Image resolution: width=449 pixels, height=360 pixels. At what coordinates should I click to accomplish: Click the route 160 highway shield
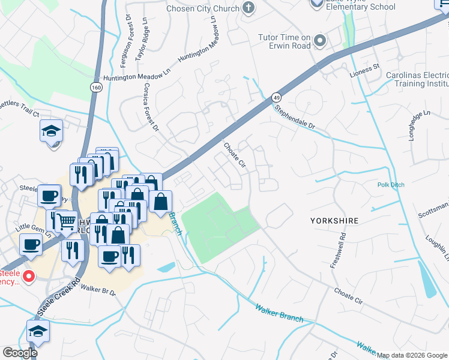click(96, 88)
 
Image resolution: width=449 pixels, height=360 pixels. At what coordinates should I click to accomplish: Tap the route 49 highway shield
click(276, 97)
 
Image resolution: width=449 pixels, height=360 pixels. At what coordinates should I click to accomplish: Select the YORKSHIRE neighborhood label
click(334, 221)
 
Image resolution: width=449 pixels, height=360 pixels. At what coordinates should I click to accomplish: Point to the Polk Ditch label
click(393, 185)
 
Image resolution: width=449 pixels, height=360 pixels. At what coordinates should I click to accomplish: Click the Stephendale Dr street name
click(295, 118)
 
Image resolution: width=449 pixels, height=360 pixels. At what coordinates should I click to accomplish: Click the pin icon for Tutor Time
click(320, 41)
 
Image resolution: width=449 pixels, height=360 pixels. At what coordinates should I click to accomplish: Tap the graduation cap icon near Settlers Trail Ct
click(52, 130)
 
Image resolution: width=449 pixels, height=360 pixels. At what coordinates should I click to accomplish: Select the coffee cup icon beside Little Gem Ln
click(31, 244)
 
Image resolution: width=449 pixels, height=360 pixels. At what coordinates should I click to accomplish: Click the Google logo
click(20, 353)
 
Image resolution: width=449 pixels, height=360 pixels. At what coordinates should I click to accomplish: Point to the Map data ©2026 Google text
click(412, 355)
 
